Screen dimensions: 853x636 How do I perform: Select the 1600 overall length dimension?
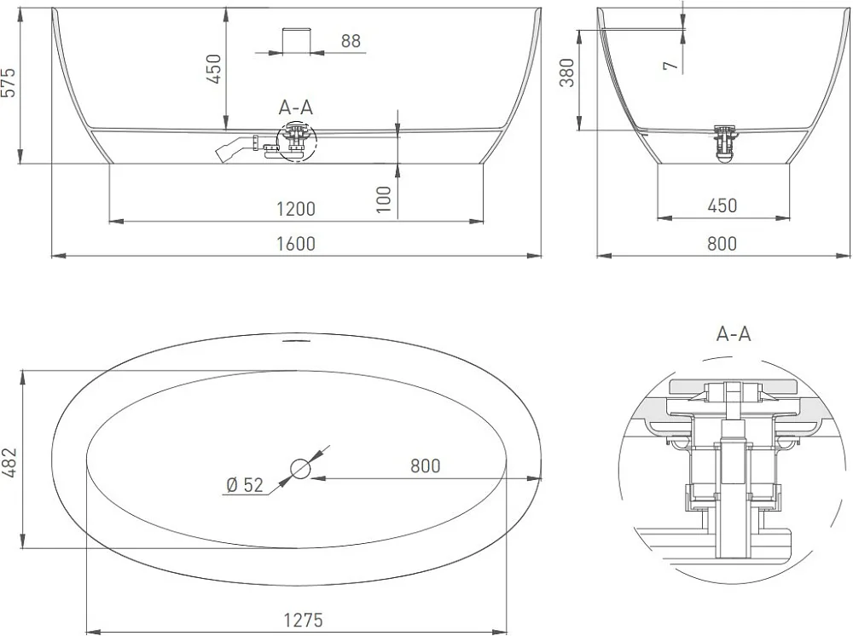tap(296, 243)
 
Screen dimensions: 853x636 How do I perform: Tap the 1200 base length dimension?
tap(296, 209)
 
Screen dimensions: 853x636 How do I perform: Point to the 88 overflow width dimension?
tap(351, 41)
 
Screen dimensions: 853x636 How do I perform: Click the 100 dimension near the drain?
tap(384, 199)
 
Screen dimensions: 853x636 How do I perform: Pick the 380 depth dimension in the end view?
tap(567, 72)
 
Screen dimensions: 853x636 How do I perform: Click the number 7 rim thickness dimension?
tap(671, 66)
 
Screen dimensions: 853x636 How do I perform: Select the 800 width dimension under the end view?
tap(722, 243)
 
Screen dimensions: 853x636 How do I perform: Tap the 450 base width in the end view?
tap(722, 205)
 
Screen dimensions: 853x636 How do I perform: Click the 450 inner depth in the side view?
tap(214, 68)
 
